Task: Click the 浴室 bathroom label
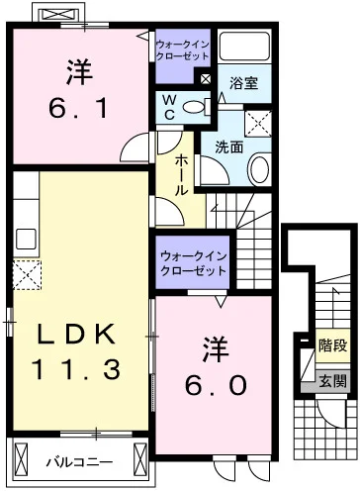(243, 83)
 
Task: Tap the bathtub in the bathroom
(244, 46)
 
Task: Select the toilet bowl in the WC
(195, 107)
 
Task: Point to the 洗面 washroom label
(229, 147)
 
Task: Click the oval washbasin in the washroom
(259, 169)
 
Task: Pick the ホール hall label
(181, 175)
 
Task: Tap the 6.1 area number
(78, 108)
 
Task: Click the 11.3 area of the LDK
(75, 369)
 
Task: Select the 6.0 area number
(216, 385)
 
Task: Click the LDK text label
(76, 334)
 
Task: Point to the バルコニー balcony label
(79, 462)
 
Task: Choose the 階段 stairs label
(332, 345)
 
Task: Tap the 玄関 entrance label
(332, 381)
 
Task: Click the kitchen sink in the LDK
(26, 240)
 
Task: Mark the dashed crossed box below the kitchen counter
(27, 275)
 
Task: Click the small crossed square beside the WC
(206, 79)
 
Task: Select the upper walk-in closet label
(182, 50)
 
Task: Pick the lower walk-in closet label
(193, 263)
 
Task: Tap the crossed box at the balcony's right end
(139, 460)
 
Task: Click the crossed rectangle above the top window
(58, 15)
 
